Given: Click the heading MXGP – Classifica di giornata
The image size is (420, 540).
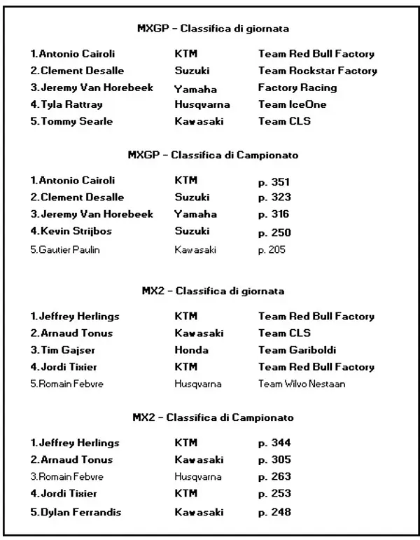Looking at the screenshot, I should coord(213,29).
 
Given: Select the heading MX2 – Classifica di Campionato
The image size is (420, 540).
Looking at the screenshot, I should coord(213,417).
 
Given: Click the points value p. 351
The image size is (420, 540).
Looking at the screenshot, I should coord(274,181).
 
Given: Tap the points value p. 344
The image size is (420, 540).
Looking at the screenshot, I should coord(274,443).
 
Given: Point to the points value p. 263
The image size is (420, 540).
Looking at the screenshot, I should coord(274,477).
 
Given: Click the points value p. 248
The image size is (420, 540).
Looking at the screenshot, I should coord(274,512).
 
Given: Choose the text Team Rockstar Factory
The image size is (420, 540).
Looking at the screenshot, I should coord(317,71).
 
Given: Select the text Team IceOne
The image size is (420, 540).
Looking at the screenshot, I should coord(292,105).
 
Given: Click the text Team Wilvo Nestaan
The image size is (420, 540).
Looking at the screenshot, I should coord(301,384).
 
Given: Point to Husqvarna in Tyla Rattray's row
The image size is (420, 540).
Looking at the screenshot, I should coord(202,105).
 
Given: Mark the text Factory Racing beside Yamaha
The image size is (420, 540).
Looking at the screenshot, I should coord(297,88).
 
